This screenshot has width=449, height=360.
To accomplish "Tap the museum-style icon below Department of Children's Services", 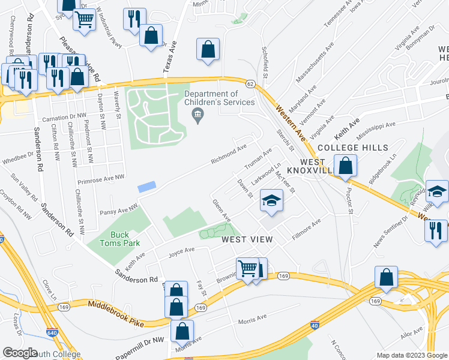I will click(199, 119).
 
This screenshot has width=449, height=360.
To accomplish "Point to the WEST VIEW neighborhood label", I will click(247, 239).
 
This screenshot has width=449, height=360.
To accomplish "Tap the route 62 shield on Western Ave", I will click(250, 83).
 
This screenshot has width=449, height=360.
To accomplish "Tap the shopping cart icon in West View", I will click(247, 268).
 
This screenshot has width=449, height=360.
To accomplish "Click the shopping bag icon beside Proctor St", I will click(345, 166).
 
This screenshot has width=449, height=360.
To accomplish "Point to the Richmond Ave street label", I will click(229, 155).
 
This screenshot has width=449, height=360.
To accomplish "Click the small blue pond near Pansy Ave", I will click(146, 187).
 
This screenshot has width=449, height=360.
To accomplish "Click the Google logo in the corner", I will click(20, 353).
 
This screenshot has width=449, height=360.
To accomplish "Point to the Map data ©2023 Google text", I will click(411, 355).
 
